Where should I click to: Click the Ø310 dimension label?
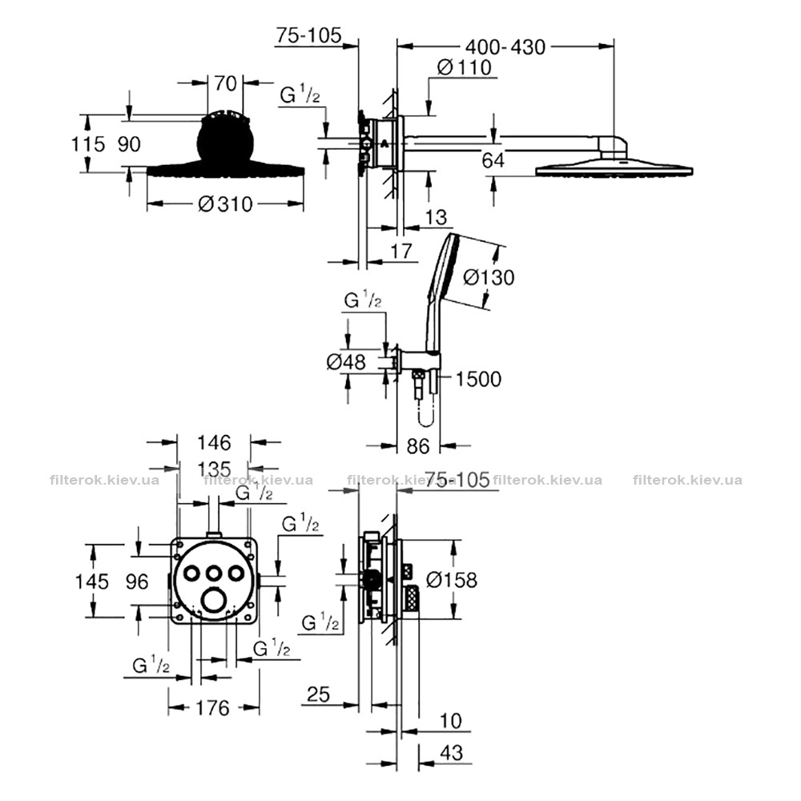point(225,204)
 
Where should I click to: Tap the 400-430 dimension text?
point(505,47)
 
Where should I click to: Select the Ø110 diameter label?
point(465,67)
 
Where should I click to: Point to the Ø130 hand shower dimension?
point(489,277)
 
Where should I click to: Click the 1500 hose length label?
point(478,379)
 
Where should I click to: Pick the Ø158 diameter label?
point(452,580)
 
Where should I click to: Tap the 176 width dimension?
point(212,708)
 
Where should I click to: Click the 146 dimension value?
point(214,442)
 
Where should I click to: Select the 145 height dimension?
point(92,582)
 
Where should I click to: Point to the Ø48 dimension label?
point(346,362)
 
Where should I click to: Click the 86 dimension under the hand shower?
point(418,446)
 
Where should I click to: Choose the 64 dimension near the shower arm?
point(493,160)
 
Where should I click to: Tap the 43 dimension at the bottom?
point(451,752)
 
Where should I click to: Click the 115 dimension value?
point(88,144)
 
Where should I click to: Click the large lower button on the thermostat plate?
point(214,600)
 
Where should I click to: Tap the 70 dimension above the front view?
point(225,83)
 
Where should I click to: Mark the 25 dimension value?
point(319,694)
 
